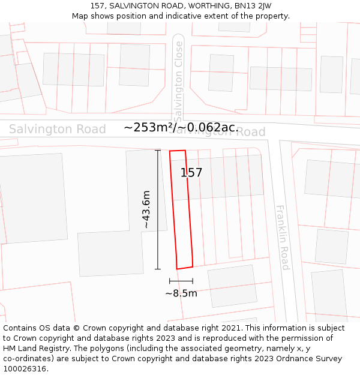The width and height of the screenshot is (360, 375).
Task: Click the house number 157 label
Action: click(x=191, y=173)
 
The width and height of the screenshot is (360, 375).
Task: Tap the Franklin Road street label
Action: click(x=283, y=238)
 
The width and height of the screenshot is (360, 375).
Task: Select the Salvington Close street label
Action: click(x=178, y=78)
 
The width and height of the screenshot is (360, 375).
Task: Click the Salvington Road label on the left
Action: click(x=57, y=129)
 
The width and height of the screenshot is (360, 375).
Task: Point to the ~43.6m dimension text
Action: click(x=146, y=209)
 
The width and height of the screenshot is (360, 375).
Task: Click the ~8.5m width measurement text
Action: click(x=181, y=293)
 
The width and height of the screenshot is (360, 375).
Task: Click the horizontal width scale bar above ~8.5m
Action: click(x=181, y=281)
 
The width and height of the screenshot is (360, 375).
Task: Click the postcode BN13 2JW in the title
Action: click(x=254, y=6)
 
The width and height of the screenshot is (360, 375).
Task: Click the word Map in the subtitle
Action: click(x=80, y=16)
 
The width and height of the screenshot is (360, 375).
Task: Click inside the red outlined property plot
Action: click(x=181, y=210)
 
